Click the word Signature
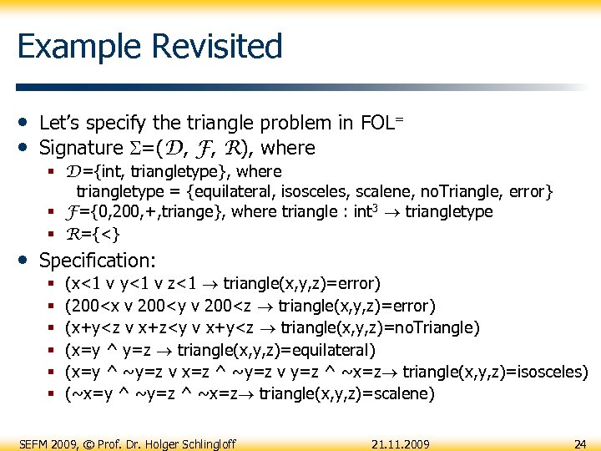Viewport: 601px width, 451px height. tap(81, 149)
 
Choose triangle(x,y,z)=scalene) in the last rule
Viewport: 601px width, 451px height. tap(346, 393)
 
